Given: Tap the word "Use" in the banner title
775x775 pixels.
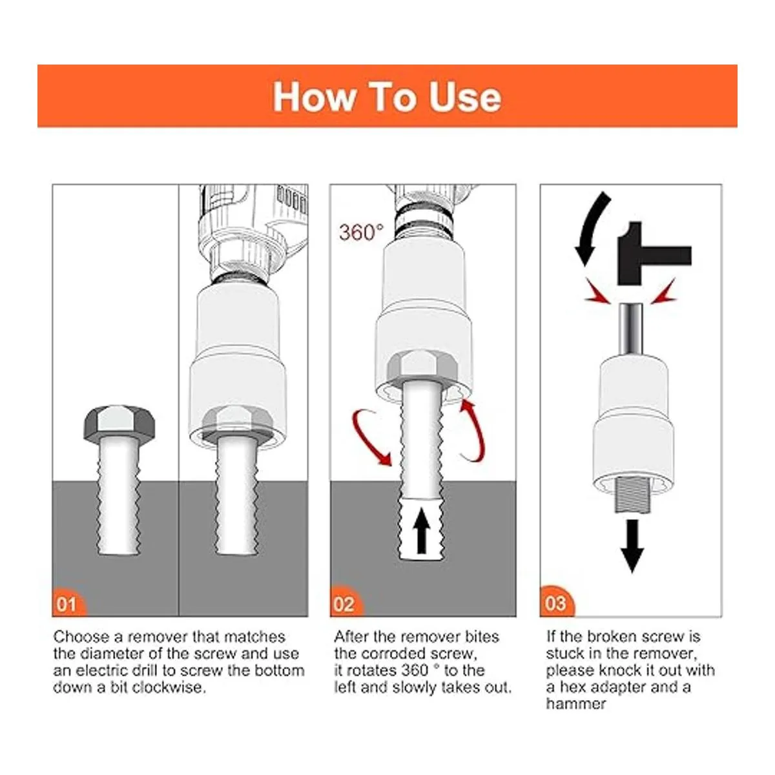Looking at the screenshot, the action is pyautogui.click(x=465, y=97).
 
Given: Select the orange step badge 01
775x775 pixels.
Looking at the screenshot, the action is pyautogui.click(x=68, y=603).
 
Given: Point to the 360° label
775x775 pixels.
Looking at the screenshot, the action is pyautogui.click(x=361, y=232).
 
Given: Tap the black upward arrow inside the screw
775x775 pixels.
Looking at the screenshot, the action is pyautogui.click(x=422, y=530).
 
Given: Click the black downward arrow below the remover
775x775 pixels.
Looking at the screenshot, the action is pyautogui.click(x=633, y=546).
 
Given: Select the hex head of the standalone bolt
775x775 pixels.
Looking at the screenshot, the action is pyautogui.click(x=119, y=424).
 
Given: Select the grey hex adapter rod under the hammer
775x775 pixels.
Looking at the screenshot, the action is pyautogui.click(x=630, y=329).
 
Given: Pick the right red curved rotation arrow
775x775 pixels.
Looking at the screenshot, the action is pyautogui.click(x=475, y=430).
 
